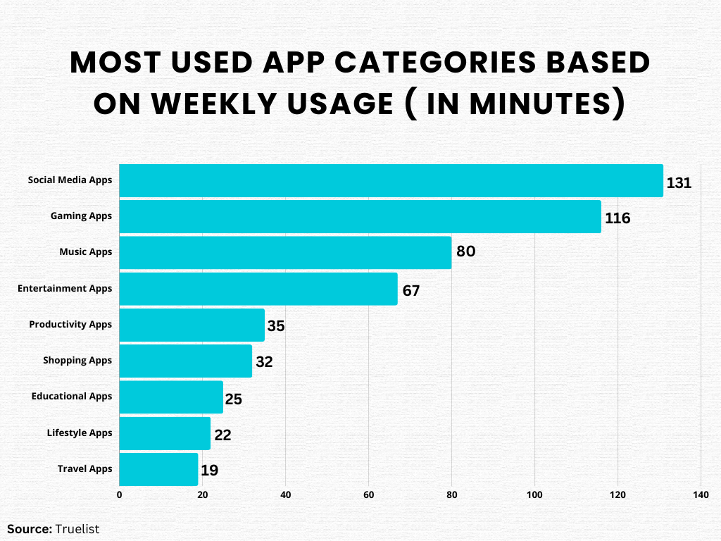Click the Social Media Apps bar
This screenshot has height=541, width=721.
pos(391,180)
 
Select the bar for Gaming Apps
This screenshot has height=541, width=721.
pos(360,216)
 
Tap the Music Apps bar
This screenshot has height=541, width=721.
pos(285,252)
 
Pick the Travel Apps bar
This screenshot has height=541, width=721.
pos(158,469)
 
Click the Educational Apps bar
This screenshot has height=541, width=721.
pos(171,397)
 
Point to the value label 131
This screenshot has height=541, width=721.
pos(679,183)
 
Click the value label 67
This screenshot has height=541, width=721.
pos(411,291)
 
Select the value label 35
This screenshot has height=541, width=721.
pos(276,327)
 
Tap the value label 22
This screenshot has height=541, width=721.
pos(222,435)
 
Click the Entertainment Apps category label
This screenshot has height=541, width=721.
pos(65,288)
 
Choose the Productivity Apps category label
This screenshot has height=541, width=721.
pos(70,324)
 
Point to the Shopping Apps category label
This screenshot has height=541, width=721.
pos(77,360)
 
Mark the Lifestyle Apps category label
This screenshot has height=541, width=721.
pos(80,433)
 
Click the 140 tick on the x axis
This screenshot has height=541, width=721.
pos(701,495)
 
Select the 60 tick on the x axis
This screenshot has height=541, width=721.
pos(368,495)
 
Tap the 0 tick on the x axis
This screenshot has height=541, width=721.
pos(119,495)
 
